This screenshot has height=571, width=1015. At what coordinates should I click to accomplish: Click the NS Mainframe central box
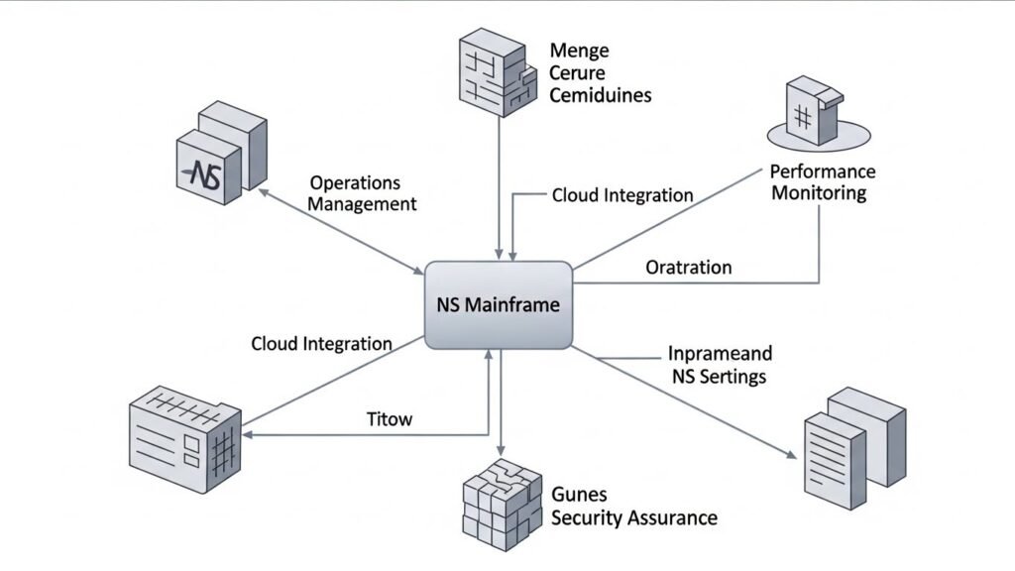(x=498, y=305)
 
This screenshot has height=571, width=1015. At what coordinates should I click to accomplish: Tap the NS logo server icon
(x=220, y=157)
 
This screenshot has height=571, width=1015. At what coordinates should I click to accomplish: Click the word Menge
(x=579, y=51)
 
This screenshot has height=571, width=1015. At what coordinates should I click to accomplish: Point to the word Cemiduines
(x=600, y=96)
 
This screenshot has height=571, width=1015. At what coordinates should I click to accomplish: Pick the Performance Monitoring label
(x=823, y=182)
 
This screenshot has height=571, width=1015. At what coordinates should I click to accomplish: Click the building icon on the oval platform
(x=815, y=111)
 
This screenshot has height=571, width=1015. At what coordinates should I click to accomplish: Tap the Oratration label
(x=688, y=268)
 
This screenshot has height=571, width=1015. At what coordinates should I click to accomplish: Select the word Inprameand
(x=720, y=354)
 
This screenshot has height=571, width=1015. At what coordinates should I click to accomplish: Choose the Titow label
(x=390, y=419)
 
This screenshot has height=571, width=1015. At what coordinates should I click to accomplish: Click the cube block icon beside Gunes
(x=502, y=502)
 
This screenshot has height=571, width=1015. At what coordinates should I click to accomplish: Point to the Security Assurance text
(x=633, y=516)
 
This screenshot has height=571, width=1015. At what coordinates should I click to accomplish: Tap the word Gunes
(x=579, y=494)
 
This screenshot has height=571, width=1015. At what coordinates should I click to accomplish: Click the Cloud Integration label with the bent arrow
(x=621, y=195)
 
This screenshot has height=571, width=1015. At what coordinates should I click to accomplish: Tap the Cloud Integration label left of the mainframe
(x=321, y=344)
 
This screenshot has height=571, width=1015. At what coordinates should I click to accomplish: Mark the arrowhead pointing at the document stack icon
(x=792, y=455)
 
